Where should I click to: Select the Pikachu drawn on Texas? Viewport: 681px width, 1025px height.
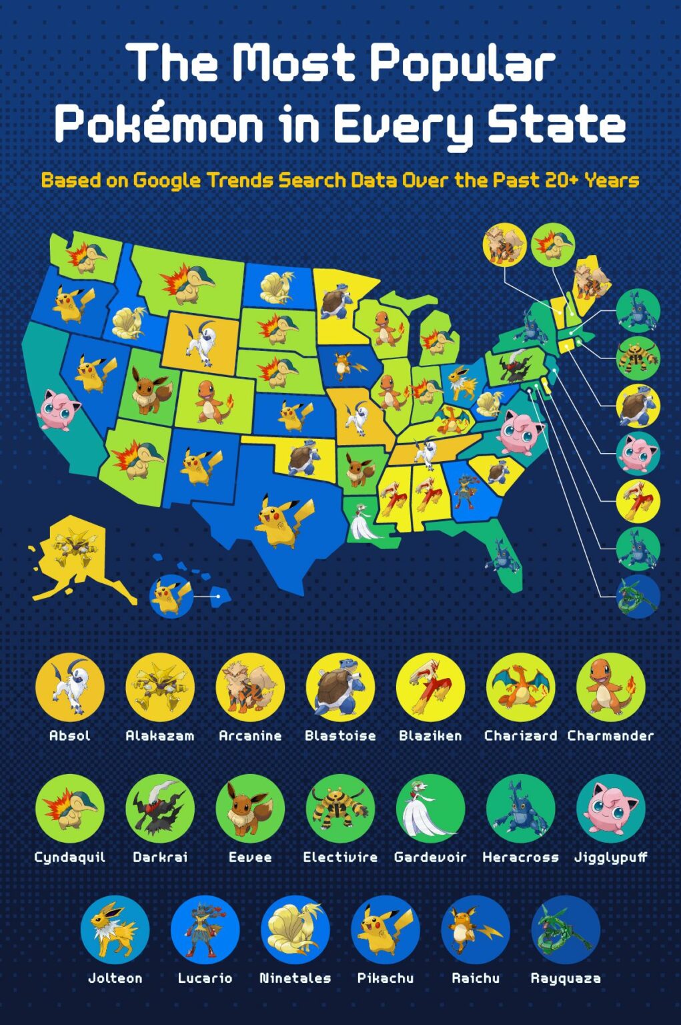click(x=284, y=521)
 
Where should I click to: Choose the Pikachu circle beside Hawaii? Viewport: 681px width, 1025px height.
click(x=171, y=596)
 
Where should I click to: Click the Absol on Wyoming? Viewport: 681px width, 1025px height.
click(x=201, y=342)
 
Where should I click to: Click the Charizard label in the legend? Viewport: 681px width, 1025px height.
click(x=520, y=735)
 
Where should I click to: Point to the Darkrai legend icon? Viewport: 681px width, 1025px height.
click(x=160, y=808)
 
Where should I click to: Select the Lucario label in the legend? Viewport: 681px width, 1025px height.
click(x=205, y=978)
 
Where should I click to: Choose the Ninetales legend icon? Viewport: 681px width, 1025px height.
click(x=295, y=930)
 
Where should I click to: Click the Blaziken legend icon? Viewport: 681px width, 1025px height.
click(x=430, y=687)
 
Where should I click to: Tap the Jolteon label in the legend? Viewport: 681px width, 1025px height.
click(x=115, y=978)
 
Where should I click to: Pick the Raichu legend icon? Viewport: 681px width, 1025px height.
click(x=475, y=930)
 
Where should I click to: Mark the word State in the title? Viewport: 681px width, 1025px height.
click(x=557, y=125)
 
